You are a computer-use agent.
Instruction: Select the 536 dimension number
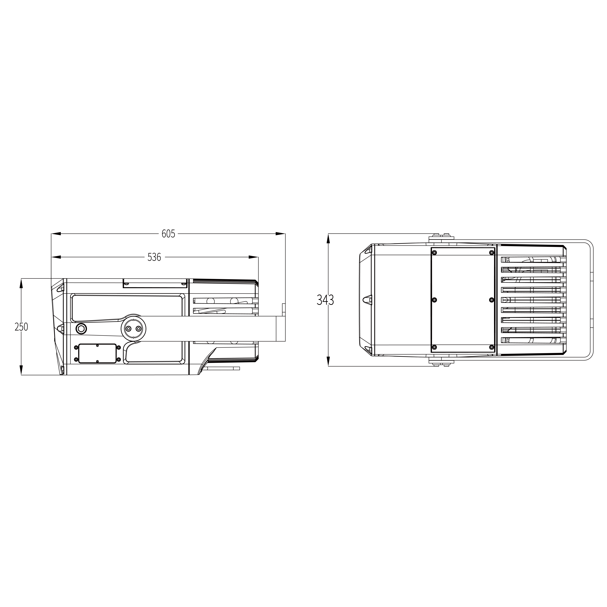[x=154, y=257]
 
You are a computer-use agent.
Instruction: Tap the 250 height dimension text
[x=21, y=327]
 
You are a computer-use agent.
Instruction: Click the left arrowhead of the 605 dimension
[x=56, y=234]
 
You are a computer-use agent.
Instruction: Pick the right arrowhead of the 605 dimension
[x=281, y=234]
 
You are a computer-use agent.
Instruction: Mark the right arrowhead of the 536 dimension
[x=254, y=257]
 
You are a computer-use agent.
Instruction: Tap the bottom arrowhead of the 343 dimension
[x=328, y=361]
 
